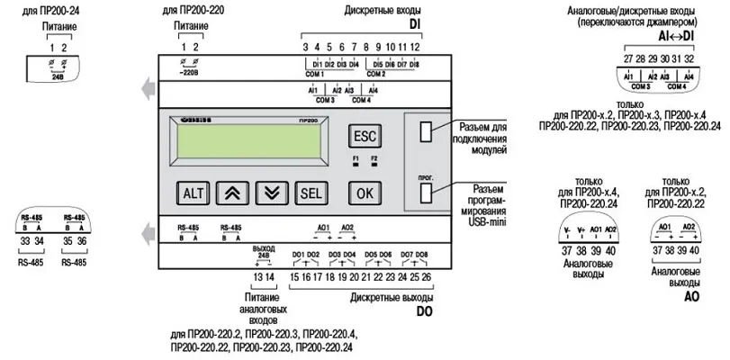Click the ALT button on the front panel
click(194, 193)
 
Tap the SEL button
click(311, 193)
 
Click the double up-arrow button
click(232, 193)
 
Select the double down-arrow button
click(271, 193)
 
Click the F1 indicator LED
click(356, 165)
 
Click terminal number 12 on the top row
click(415, 46)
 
